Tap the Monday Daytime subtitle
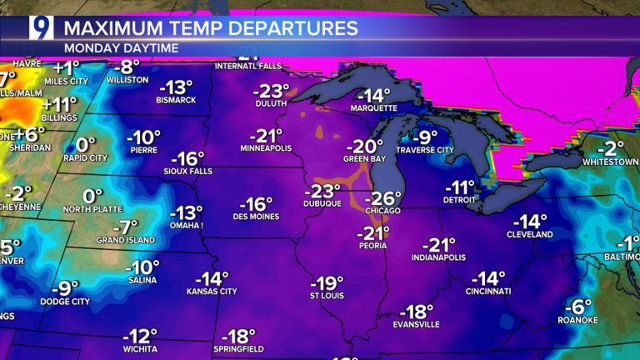coord(121,47)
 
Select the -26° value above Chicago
coord(384,198)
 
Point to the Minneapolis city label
coord(266,147)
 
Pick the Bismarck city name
coord(176,100)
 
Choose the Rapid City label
coord(86,157)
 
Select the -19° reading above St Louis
coord(327,282)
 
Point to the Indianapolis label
coord(438,257)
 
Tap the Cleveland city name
coord(529,235)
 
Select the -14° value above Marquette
coord(374,95)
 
